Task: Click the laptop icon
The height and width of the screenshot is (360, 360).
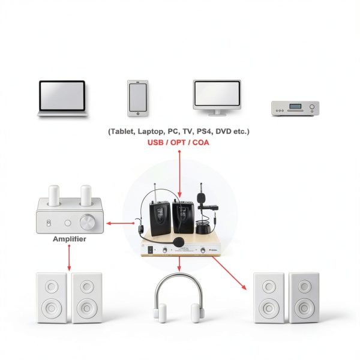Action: click(x=62, y=98)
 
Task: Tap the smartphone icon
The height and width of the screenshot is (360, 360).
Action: click(x=137, y=98)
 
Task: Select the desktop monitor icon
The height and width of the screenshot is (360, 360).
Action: click(x=217, y=98)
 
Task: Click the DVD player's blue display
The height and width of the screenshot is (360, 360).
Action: click(x=295, y=106)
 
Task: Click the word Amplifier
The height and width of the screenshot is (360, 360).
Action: click(x=70, y=239)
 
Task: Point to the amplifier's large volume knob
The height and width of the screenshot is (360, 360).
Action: click(x=88, y=222)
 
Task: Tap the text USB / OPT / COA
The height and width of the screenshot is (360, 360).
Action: click(x=178, y=143)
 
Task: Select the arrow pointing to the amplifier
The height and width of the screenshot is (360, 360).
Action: click(x=121, y=223)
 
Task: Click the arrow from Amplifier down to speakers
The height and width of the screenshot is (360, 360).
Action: click(x=69, y=257)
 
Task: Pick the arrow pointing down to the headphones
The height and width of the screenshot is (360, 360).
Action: click(x=179, y=264)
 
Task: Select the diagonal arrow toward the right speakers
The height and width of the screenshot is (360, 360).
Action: click(x=229, y=273)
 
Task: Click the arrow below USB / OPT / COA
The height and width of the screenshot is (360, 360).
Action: click(x=179, y=174)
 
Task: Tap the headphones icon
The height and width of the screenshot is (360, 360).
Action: click(x=179, y=298)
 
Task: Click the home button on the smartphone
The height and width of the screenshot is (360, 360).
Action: click(x=138, y=113)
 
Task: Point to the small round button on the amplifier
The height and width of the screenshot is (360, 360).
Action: click(x=68, y=223)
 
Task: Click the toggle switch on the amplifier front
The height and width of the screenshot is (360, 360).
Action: click(x=49, y=223)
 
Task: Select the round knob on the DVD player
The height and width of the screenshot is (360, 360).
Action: click(x=312, y=107)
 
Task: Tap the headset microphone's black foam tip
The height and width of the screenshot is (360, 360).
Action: click(x=179, y=242)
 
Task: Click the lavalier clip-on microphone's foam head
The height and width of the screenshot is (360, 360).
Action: click(x=201, y=197)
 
